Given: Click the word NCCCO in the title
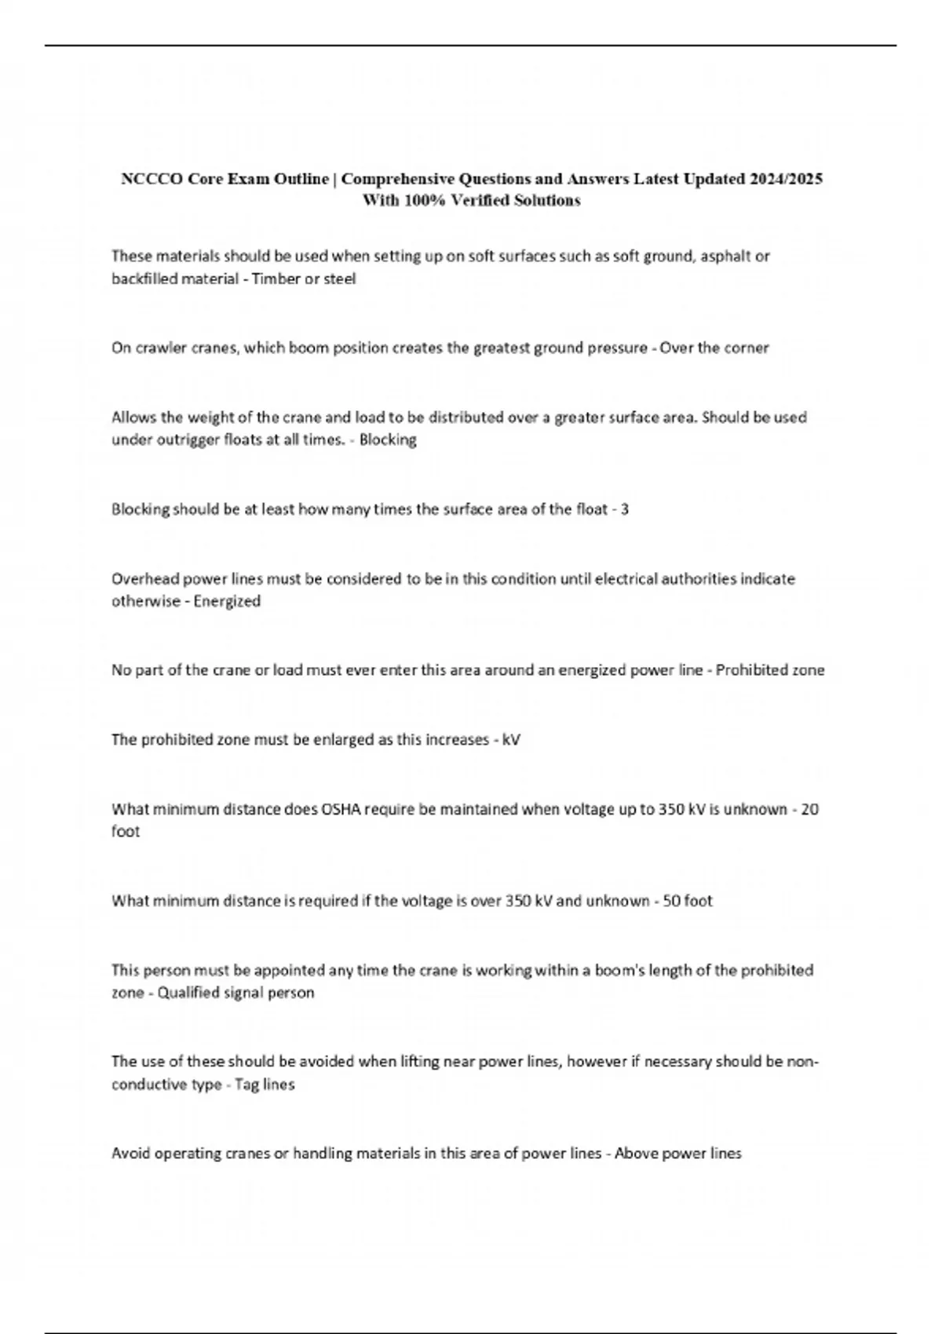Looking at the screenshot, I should [x=147, y=179].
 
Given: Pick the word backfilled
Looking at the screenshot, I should [x=144, y=279].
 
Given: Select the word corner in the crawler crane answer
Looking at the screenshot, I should [x=747, y=348].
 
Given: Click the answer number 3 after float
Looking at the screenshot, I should [x=624, y=509].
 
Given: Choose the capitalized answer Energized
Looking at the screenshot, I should [x=227, y=601].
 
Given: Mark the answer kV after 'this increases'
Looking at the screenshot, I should [x=511, y=740].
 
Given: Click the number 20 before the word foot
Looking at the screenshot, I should [x=811, y=809].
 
